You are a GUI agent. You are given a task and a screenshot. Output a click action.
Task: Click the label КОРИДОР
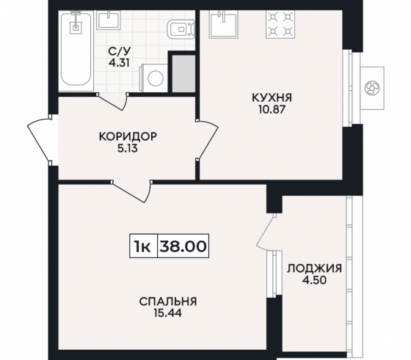click(128, 136)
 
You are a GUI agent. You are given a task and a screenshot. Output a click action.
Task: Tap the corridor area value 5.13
click(128, 147)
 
